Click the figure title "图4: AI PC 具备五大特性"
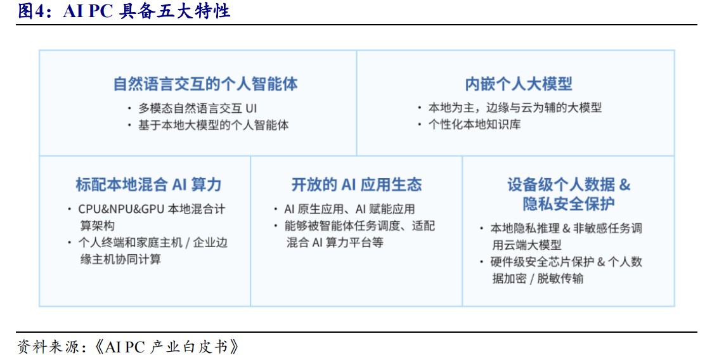click(124, 11)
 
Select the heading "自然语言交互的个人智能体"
click(205, 84)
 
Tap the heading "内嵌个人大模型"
click(519, 84)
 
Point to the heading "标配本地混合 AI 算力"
click(148, 185)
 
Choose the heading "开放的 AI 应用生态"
click(356, 185)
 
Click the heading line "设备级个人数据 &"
click(569, 185)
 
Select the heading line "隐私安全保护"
click(569, 204)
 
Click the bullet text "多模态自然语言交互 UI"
click(198, 108)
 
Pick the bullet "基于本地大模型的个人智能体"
click(214, 125)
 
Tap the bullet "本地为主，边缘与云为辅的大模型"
click(515, 108)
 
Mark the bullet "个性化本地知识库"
click(474, 124)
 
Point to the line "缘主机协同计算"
click(121, 259)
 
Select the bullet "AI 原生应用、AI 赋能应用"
click(349, 209)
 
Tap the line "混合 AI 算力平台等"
click(335, 242)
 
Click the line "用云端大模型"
click(527, 245)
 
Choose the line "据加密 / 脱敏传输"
click(538, 278)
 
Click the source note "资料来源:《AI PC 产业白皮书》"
click(128, 347)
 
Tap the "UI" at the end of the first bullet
click(251, 108)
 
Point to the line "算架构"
click(98, 226)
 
